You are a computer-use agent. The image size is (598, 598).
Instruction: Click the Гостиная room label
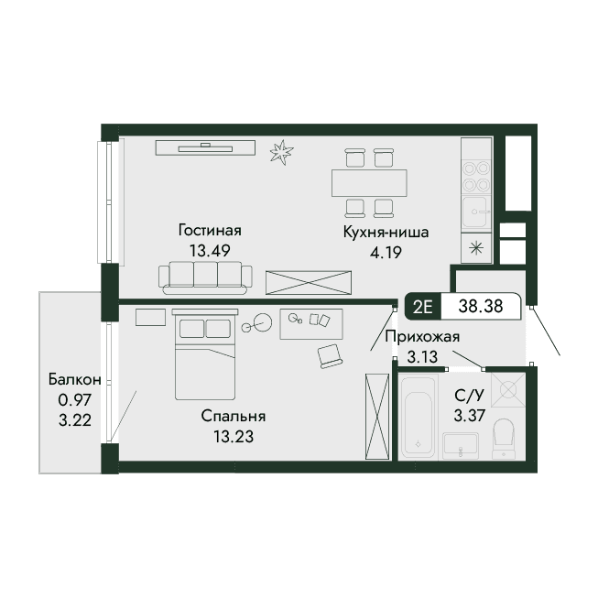210,231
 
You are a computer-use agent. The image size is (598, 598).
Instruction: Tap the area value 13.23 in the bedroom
233,437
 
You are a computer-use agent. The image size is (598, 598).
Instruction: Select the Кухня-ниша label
386,232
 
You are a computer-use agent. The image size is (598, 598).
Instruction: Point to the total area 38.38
481,306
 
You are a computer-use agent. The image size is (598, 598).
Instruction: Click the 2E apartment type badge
423,306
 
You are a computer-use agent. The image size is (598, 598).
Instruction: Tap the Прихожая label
422,337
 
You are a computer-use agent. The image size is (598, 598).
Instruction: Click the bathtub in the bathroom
418,418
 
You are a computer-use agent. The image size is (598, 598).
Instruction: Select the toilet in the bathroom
504,439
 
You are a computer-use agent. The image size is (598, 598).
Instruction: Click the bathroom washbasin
461,446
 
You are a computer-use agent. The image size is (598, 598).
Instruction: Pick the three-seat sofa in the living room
205,277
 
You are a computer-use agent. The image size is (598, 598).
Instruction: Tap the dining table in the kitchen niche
369,183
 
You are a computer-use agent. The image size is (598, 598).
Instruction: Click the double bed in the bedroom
205,354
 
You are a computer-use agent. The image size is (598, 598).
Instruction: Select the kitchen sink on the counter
474,212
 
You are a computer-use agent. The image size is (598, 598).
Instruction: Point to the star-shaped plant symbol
281,152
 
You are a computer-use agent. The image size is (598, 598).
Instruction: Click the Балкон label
75,379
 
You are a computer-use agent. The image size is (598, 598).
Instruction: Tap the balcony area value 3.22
75,420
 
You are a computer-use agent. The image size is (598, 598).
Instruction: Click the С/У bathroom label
469,396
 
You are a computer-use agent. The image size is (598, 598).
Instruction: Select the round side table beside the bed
263,322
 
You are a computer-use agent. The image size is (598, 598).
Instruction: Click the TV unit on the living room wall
205,147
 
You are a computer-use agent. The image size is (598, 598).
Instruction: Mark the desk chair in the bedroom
330,356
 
